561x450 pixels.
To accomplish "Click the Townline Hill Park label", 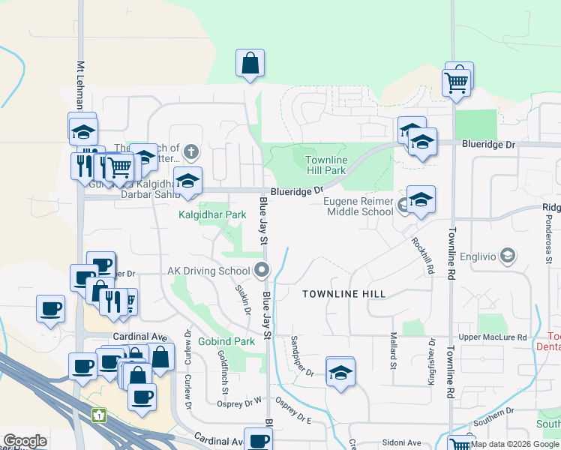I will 326,166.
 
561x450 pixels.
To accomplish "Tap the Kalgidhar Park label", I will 212,214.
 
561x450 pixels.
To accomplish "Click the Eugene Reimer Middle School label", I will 359,206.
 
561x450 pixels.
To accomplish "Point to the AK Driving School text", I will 208,271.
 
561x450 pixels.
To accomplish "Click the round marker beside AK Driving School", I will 262,270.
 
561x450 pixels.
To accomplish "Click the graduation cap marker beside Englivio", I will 508,256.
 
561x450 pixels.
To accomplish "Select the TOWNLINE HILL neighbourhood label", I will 343,295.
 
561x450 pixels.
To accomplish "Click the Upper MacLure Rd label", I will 493,337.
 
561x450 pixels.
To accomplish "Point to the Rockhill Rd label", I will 423,255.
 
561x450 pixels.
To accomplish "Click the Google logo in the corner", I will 25,441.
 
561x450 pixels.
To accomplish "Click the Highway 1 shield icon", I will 98,414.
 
